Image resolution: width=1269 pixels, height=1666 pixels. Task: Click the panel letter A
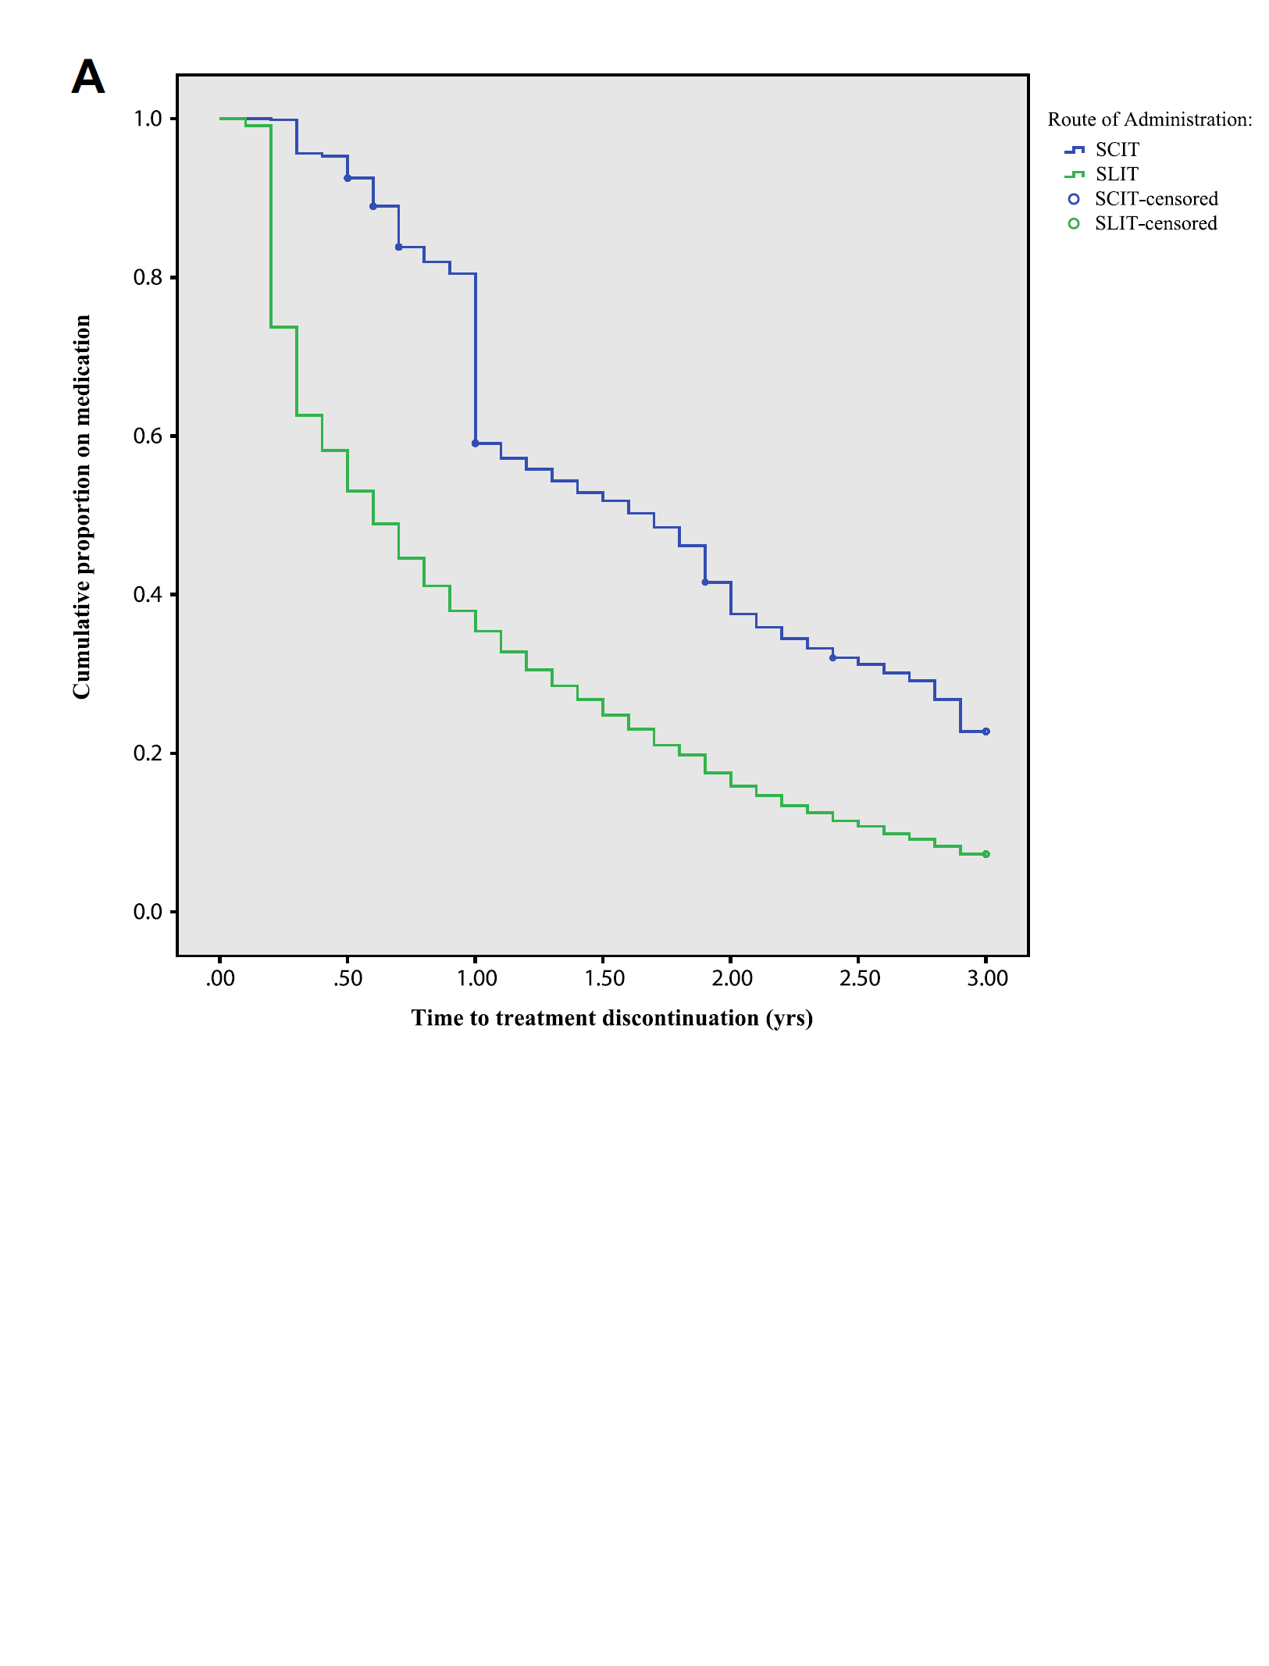click(x=88, y=77)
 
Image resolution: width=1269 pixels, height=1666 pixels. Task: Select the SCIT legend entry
click(x=1117, y=149)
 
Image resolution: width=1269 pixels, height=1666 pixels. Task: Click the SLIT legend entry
click(x=1117, y=174)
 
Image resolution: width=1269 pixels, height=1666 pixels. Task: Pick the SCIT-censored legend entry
click(x=1155, y=199)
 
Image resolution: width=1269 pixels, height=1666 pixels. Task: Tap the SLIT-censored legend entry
click(x=1155, y=224)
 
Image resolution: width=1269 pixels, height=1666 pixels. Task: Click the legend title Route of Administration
click(x=1150, y=119)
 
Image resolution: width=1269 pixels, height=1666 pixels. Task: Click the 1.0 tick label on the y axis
click(x=148, y=119)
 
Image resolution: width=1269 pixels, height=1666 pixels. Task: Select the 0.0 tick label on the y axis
click(x=148, y=912)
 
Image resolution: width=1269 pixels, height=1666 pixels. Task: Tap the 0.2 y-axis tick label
click(x=148, y=753)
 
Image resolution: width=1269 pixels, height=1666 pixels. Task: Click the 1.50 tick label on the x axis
click(x=604, y=978)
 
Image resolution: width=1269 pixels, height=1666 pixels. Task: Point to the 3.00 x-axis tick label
click(x=987, y=978)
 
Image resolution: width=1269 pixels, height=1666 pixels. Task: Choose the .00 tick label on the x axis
click(x=220, y=978)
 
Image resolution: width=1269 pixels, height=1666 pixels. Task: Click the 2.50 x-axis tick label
click(x=860, y=978)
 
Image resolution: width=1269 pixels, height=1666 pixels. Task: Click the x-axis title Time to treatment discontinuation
click(x=612, y=1018)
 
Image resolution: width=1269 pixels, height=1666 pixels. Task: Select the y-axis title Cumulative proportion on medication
click(x=82, y=507)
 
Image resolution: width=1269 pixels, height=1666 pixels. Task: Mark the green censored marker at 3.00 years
click(x=986, y=854)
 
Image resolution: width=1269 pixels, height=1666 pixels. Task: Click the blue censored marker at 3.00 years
click(x=986, y=732)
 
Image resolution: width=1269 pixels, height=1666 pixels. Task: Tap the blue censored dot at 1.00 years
click(x=476, y=443)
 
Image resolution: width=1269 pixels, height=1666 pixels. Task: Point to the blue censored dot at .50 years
click(x=348, y=178)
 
